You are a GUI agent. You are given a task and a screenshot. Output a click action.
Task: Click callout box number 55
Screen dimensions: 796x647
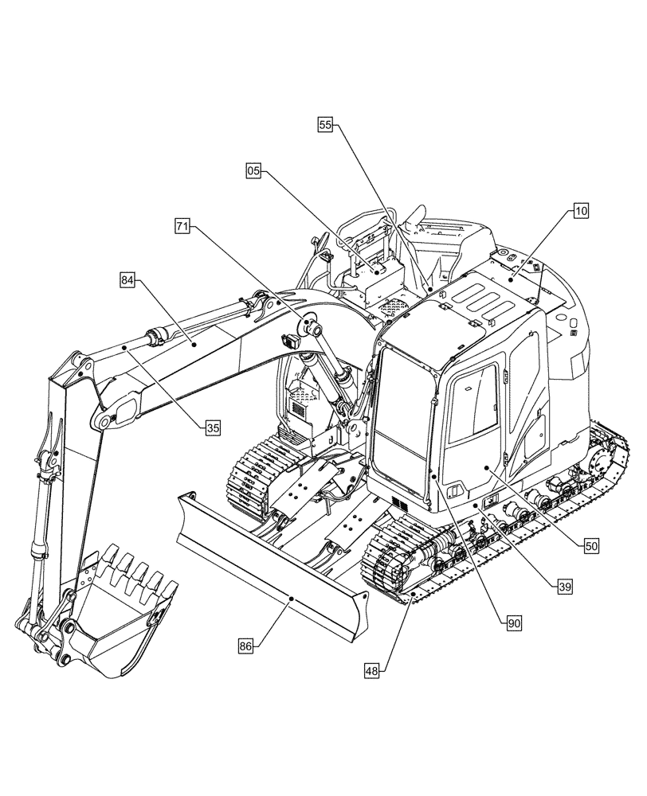point(325,124)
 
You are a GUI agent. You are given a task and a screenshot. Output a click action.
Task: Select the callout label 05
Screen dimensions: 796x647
point(253,170)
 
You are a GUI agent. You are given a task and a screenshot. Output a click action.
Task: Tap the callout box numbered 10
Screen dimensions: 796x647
point(579,211)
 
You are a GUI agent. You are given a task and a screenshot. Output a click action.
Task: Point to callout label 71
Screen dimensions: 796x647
point(182,227)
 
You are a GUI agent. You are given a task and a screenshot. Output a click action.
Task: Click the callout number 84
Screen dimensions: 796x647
point(128,279)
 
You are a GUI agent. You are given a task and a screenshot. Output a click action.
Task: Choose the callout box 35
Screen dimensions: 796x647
point(211,427)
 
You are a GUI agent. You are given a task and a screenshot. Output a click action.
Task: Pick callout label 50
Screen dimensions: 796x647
point(590,546)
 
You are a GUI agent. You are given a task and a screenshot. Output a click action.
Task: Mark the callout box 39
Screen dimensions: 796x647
point(563,587)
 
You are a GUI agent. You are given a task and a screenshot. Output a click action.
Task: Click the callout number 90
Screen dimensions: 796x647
point(513,624)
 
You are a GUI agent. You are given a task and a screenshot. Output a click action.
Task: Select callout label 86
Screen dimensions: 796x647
point(245,647)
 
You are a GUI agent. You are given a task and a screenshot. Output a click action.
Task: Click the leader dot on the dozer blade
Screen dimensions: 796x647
point(292,598)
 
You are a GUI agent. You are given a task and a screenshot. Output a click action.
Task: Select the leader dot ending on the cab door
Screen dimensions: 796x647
point(486,470)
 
